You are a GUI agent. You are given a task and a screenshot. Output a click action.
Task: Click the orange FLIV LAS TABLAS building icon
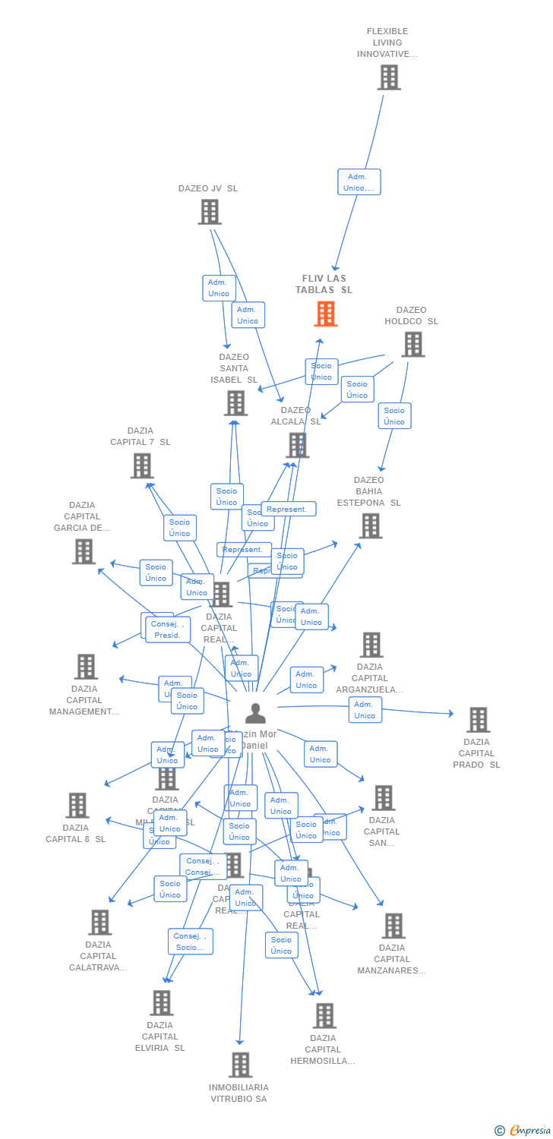tap(326, 314)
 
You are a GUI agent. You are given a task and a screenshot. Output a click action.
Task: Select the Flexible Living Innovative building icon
tap(389, 77)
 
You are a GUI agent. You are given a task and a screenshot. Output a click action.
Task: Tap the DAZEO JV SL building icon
tap(210, 212)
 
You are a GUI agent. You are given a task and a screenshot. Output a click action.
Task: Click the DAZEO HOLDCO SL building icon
tap(412, 344)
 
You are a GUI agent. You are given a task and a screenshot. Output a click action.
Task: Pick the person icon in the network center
tap(255, 714)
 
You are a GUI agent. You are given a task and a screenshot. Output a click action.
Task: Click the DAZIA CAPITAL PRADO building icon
tap(478, 719)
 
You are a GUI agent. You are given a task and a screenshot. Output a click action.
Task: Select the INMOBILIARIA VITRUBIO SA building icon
tap(240, 1065)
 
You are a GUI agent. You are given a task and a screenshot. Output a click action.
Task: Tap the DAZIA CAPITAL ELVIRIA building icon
tap(161, 1003)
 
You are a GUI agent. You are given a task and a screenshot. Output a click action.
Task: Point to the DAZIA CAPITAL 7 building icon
tap(142, 465)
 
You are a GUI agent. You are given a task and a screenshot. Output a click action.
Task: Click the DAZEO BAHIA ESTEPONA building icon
tap(370, 525)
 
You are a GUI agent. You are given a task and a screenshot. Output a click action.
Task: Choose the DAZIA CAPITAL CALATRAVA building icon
tap(100, 922)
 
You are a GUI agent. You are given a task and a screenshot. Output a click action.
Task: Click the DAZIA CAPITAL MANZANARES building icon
tap(393, 926)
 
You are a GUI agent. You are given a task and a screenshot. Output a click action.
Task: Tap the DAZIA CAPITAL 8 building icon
tap(77, 805)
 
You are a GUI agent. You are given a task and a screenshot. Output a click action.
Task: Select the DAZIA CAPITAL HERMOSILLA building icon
tap(324, 1015)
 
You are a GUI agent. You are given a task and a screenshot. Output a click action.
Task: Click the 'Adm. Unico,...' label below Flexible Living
tap(359, 182)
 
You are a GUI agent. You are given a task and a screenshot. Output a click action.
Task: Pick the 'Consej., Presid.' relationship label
tap(168, 629)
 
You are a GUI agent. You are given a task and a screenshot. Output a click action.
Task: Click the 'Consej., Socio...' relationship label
tap(190, 942)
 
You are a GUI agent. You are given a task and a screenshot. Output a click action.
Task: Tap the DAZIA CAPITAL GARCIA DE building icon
tap(84, 551)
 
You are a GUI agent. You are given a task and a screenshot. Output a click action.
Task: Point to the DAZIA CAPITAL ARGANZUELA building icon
tap(371, 645)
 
